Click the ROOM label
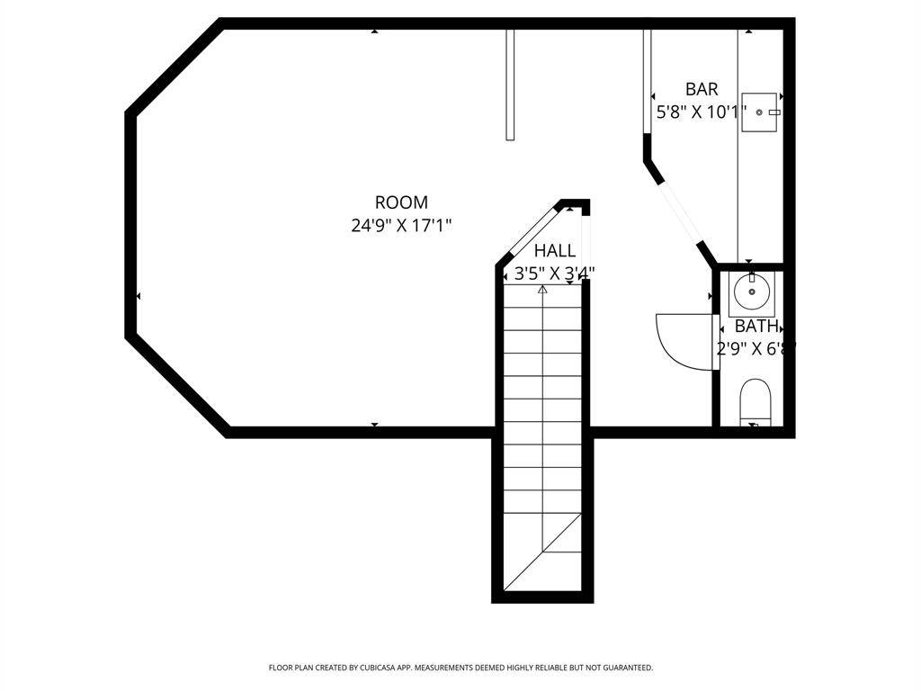click(x=401, y=202)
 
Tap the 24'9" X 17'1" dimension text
click(x=401, y=225)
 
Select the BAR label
click(x=702, y=89)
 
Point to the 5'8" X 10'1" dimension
click(x=702, y=112)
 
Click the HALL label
click(x=554, y=251)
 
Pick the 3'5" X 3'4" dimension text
click(x=554, y=274)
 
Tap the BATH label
click(x=756, y=326)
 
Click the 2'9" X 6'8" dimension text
click(x=756, y=349)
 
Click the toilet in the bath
click(x=755, y=402)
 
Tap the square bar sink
click(x=759, y=112)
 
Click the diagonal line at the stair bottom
click(x=542, y=552)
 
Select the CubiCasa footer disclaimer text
click(x=460, y=668)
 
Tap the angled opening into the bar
click(x=680, y=212)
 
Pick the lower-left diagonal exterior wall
click(x=177, y=385)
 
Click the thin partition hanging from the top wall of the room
click(x=510, y=85)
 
